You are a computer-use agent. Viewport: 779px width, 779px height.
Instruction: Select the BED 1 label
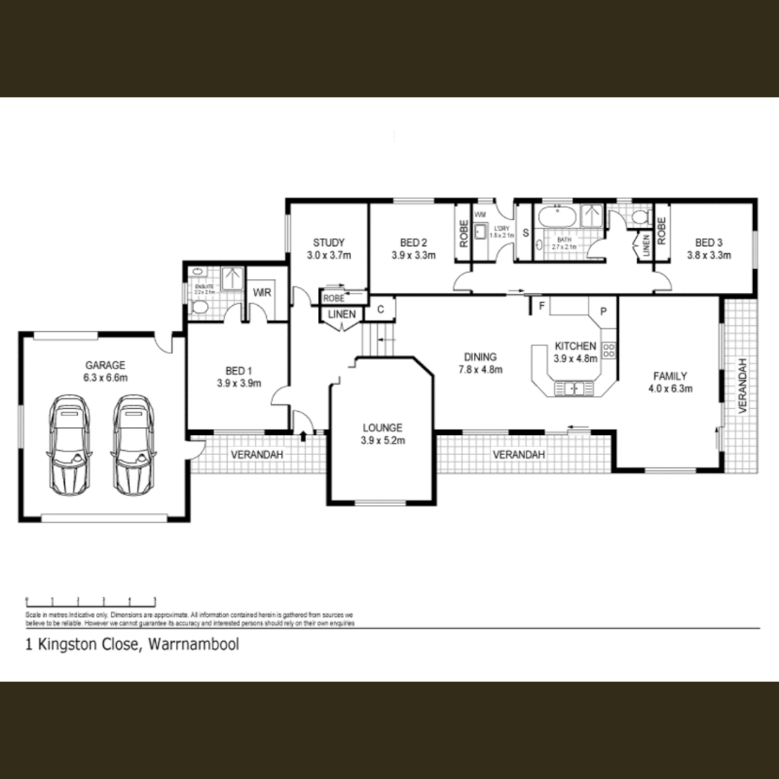pyautogui.click(x=238, y=371)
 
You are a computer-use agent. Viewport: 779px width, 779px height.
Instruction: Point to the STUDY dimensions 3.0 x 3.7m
pyautogui.click(x=329, y=255)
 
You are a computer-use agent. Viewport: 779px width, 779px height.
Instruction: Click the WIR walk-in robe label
pyautogui.click(x=260, y=293)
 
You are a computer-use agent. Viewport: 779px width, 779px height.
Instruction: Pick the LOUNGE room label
pyautogui.click(x=382, y=427)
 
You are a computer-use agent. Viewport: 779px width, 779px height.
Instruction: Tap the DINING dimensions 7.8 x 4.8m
pyautogui.click(x=480, y=369)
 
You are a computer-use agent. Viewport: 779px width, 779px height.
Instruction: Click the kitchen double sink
pyautogui.click(x=574, y=389)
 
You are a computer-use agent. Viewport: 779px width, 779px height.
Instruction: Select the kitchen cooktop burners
pyautogui.click(x=608, y=351)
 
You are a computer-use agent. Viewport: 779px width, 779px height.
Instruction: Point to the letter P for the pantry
pyautogui.click(x=603, y=312)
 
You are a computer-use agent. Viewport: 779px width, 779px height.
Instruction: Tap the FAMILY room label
pyautogui.click(x=670, y=376)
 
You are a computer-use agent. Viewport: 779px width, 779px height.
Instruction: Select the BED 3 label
pyautogui.click(x=709, y=242)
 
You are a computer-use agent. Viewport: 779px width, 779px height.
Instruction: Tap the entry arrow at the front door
pyautogui.click(x=302, y=434)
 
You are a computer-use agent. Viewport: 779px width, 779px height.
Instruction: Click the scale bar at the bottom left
pyautogui.click(x=91, y=600)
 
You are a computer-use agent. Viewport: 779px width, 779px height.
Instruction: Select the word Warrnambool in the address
pyautogui.click(x=193, y=645)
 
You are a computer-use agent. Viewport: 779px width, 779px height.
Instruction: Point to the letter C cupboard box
pyautogui.click(x=381, y=308)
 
